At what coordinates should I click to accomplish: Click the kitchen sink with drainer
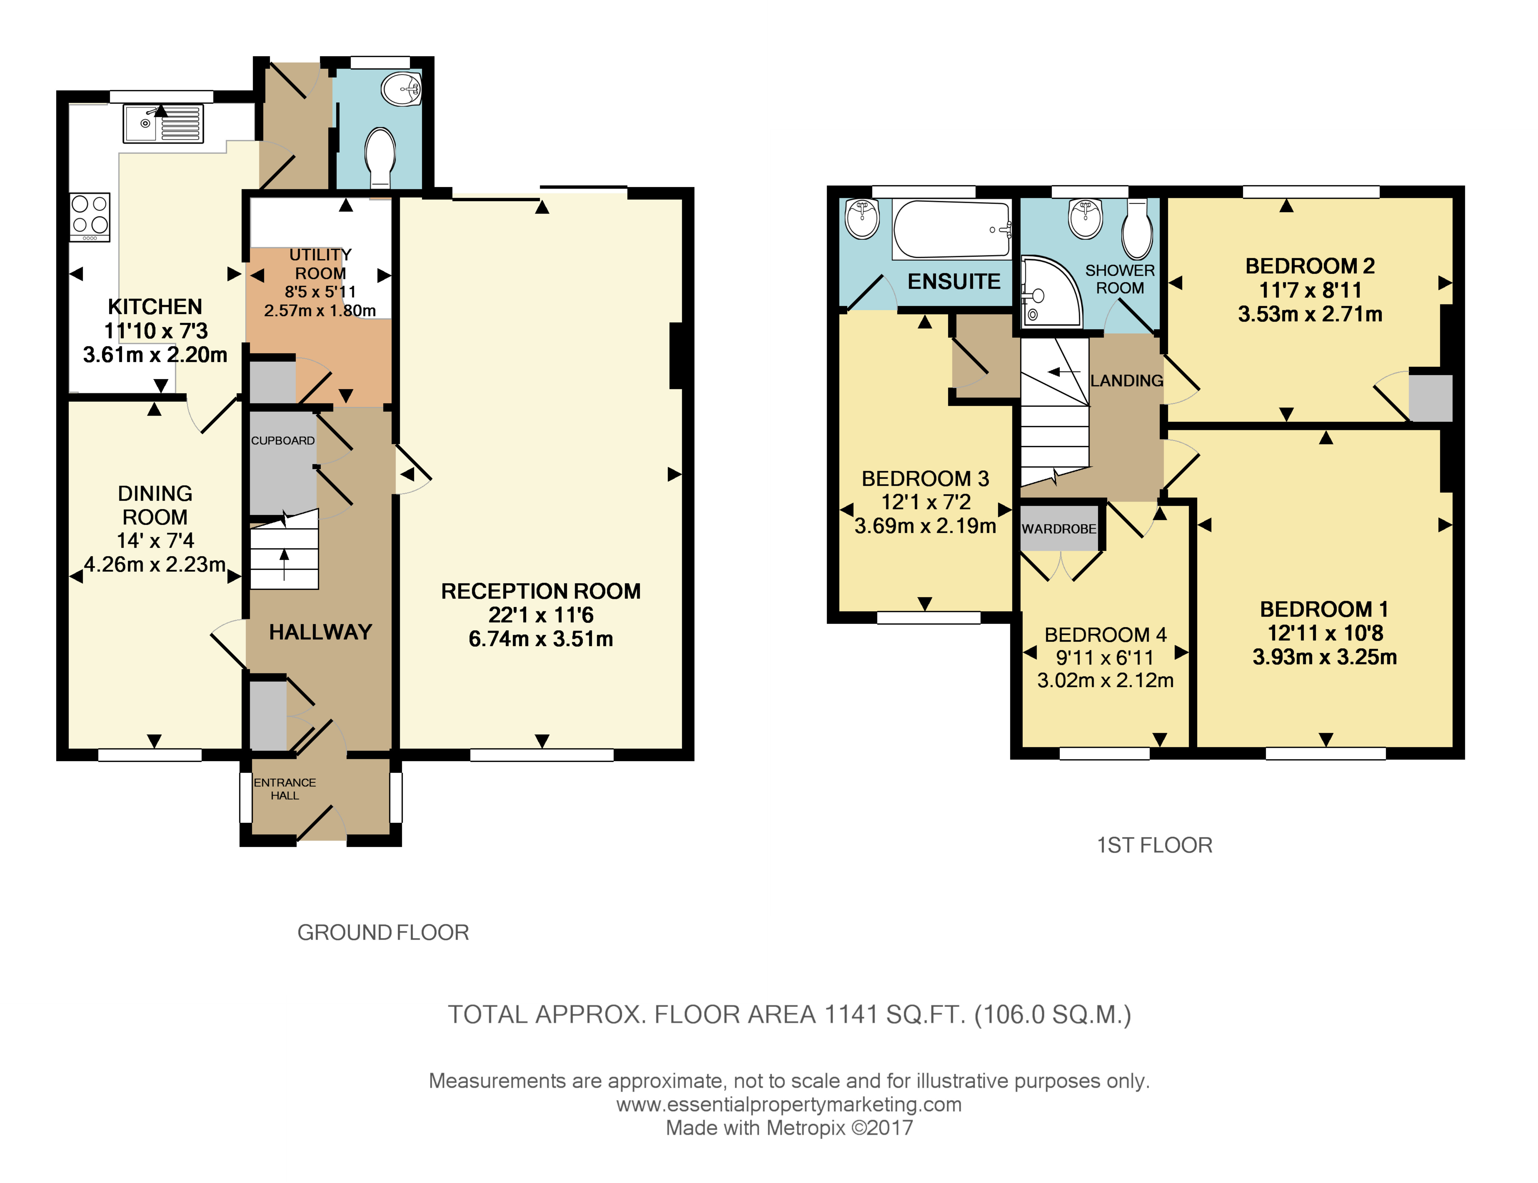[x=163, y=124]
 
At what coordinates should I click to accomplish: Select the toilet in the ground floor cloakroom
[x=380, y=156]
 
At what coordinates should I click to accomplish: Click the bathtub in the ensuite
[x=952, y=229]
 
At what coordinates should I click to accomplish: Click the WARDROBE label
[x=1059, y=529]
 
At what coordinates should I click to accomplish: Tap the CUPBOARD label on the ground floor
[x=283, y=441]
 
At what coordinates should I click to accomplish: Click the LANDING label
[x=1126, y=381]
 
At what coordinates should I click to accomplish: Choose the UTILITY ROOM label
[x=320, y=264]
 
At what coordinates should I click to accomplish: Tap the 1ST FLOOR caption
[x=1154, y=845]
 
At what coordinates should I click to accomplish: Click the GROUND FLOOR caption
[x=383, y=932]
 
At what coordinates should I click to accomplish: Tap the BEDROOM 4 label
[x=1105, y=635]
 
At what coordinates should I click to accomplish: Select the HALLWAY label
[x=320, y=632]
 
